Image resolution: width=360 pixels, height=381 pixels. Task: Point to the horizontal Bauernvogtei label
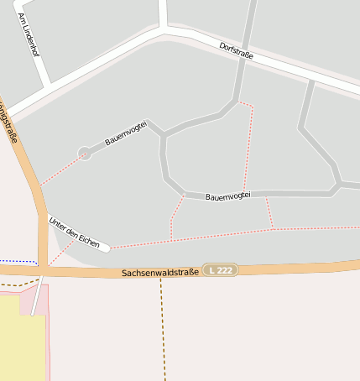(x=228, y=195)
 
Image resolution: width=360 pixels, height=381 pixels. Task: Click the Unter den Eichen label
(x=74, y=232)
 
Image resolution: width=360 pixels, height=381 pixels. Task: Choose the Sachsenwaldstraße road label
(x=159, y=273)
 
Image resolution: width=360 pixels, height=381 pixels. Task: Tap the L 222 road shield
(x=223, y=269)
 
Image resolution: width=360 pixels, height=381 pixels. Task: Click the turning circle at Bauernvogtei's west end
(x=84, y=153)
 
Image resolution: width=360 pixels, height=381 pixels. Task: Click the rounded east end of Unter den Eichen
(x=106, y=248)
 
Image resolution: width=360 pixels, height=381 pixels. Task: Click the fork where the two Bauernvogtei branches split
(x=163, y=134)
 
